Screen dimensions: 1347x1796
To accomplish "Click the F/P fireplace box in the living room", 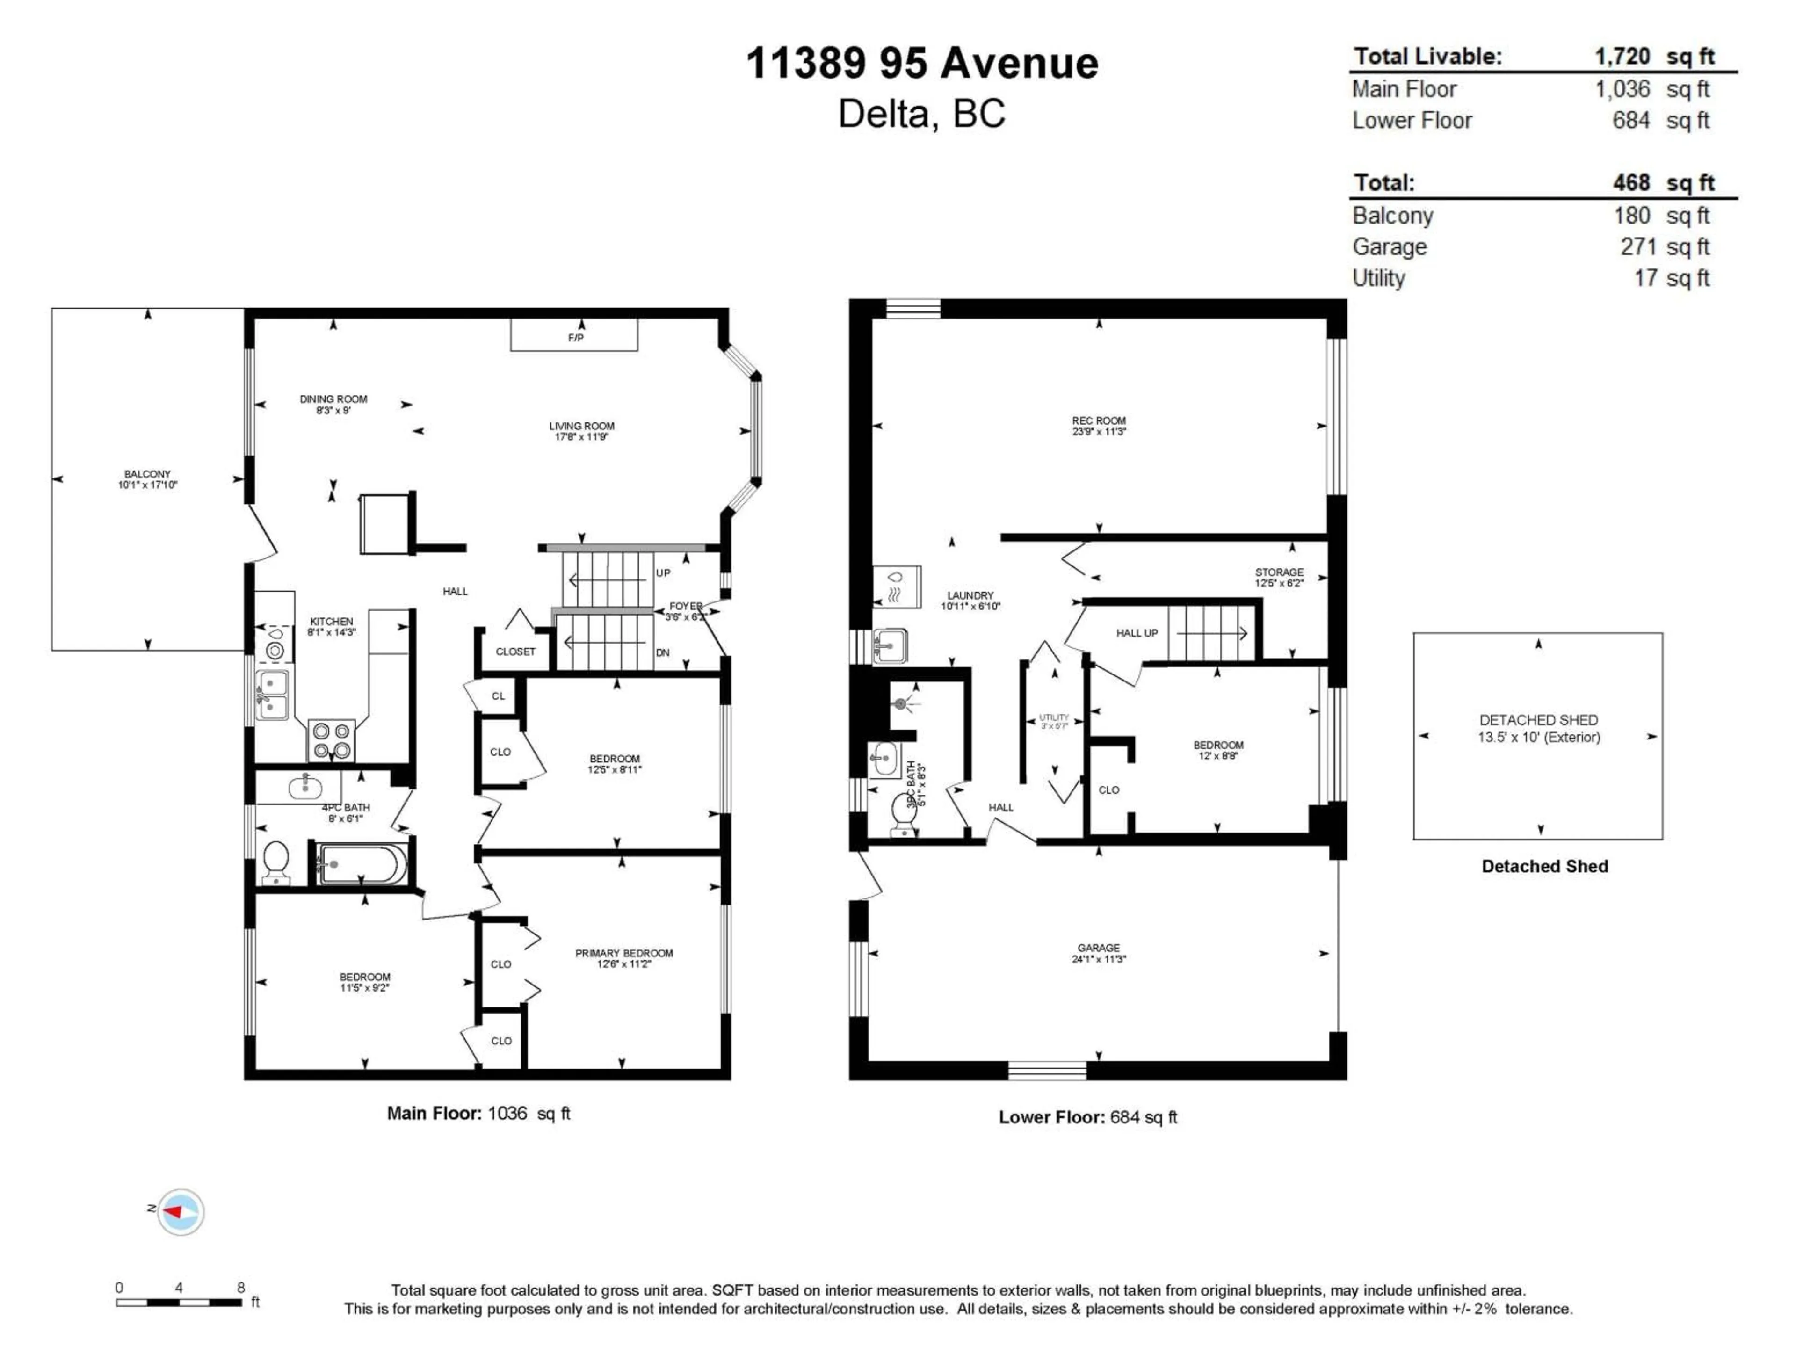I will tap(573, 334).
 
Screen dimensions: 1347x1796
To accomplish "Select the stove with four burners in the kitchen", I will tap(331, 740).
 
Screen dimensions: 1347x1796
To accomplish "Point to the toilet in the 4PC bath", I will tap(276, 862).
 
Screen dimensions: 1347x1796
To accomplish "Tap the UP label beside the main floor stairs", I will tap(663, 572).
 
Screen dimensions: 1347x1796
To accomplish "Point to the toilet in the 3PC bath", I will tap(903, 814).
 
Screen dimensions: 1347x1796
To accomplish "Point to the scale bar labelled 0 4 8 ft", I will tap(179, 1303).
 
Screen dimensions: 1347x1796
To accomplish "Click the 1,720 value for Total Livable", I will tap(1622, 57).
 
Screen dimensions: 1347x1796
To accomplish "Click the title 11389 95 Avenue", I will tap(921, 63).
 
